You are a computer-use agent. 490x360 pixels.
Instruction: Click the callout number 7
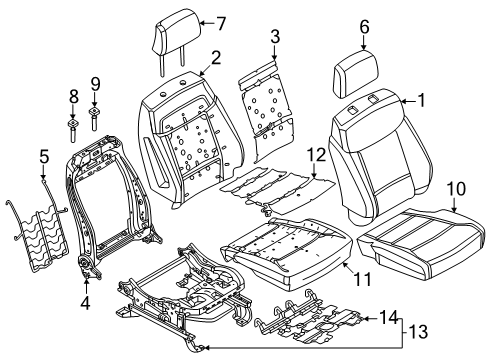221,23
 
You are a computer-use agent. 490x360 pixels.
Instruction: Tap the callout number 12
316,155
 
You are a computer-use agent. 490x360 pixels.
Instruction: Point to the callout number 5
44,157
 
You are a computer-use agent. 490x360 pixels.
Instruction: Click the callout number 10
456,189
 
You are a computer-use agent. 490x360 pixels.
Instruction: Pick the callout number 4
85,302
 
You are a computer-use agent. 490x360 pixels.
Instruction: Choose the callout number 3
275,36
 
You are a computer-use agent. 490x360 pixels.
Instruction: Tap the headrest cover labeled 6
357,73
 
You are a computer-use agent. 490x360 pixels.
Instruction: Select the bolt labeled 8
73,130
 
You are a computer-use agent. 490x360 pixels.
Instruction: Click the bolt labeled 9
94,119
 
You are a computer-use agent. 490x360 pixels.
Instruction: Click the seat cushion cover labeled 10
422,242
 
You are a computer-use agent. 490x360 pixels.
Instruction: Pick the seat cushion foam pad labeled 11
287,253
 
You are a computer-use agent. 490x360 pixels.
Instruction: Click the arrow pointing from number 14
370,319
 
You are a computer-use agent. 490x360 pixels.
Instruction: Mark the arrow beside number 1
407,101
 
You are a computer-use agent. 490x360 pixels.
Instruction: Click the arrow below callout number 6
364,43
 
